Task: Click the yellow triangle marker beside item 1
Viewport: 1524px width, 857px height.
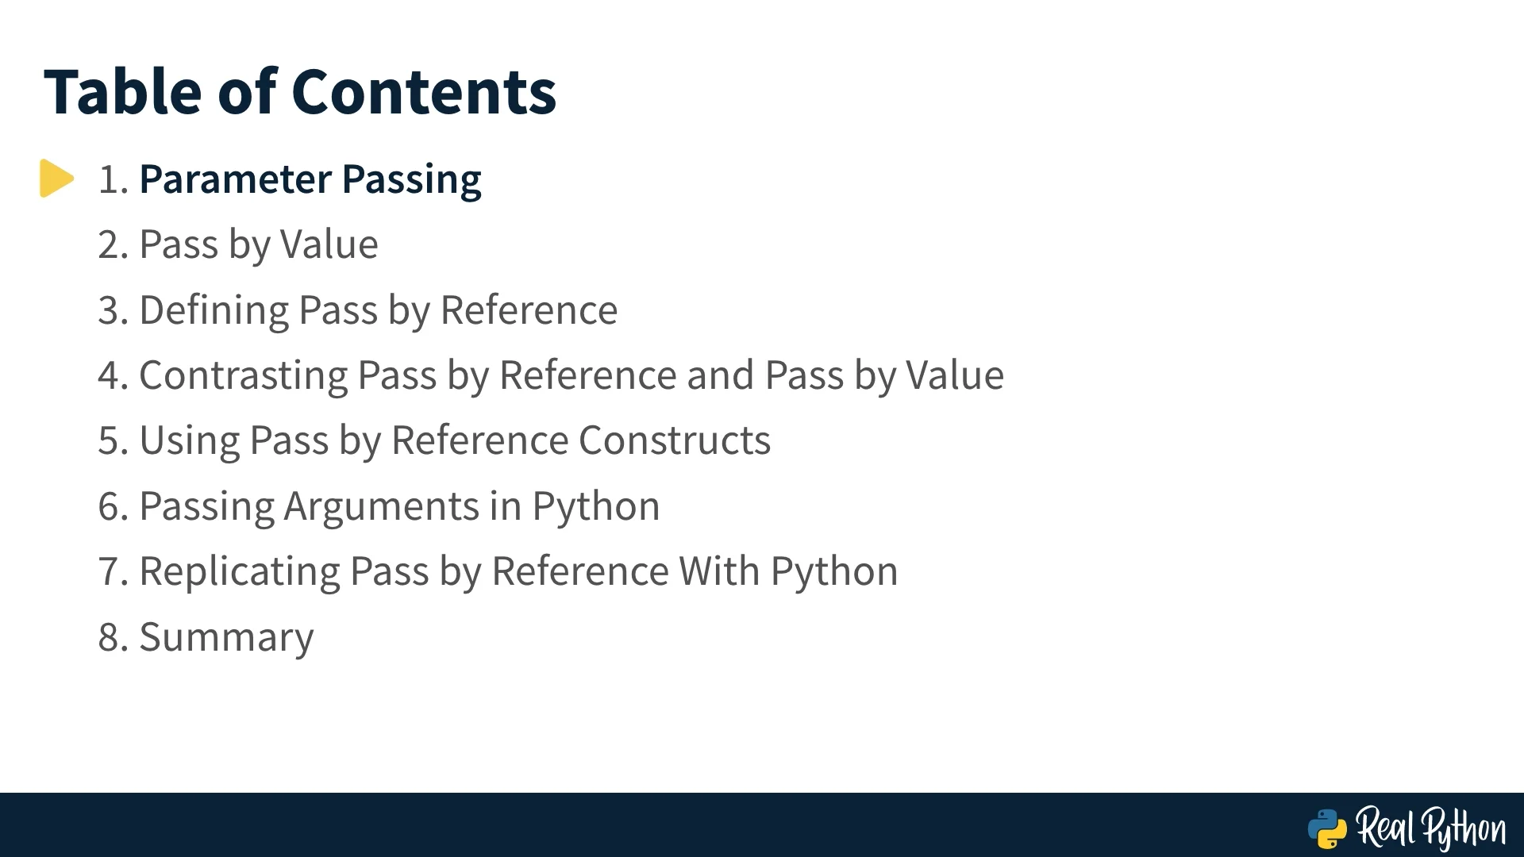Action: [56, 179]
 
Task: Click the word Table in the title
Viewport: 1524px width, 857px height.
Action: [123, 92]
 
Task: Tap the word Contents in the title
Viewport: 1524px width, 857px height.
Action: [425, 92]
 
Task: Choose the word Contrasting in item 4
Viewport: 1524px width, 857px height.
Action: [244, 376]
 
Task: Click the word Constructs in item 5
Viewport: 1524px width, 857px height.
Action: [675, 440]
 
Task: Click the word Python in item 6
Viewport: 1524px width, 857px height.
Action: [596, 508]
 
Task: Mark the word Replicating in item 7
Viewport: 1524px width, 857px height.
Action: [240, 573]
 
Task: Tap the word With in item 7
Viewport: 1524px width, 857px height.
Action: [719, 571]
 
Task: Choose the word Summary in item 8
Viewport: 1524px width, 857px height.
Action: [227, 639]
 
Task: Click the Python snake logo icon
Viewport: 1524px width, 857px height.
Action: [1327, 828]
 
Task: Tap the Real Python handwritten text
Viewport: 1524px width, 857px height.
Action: [1431, 828]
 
